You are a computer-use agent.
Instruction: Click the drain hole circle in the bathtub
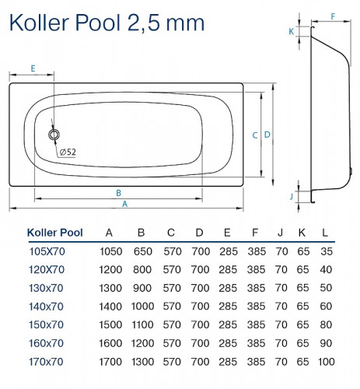click(x=54, y=135)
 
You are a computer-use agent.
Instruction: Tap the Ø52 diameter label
click(x=68, y=152)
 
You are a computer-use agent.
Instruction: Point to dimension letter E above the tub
click(x=33, y=68)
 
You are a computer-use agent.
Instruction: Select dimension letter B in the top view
click(x=117, y=192)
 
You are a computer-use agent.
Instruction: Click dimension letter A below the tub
click(x=125, y=204)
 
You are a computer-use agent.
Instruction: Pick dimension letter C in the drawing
click(x=254, y=135)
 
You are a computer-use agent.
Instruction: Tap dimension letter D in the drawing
click(x=267, y=135)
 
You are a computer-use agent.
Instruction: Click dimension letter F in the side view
click(x=333, y=16)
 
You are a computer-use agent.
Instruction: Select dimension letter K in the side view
click(x=291, y=32)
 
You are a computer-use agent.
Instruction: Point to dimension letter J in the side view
click(x=291, y=196)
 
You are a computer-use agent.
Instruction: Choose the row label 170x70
click(x=47, y=361)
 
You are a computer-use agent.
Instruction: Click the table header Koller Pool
click(x=54, y=231)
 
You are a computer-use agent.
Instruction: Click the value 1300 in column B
click(x=141, y=361)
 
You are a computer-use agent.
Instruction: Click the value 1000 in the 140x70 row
click(x=141, y=306)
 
